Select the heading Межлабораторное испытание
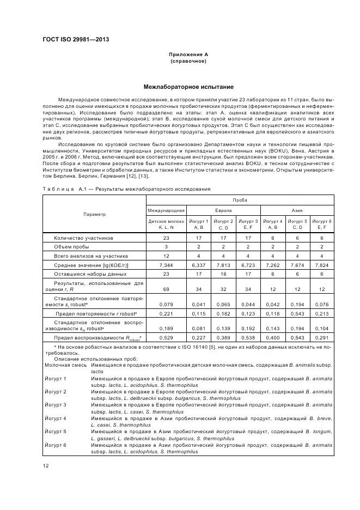[x=180, y=87]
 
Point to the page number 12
[x=46, y=464]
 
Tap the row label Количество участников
[x=83, y=238]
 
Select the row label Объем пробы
[x=72, y=247]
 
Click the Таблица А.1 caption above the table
[x=127, y=189]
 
